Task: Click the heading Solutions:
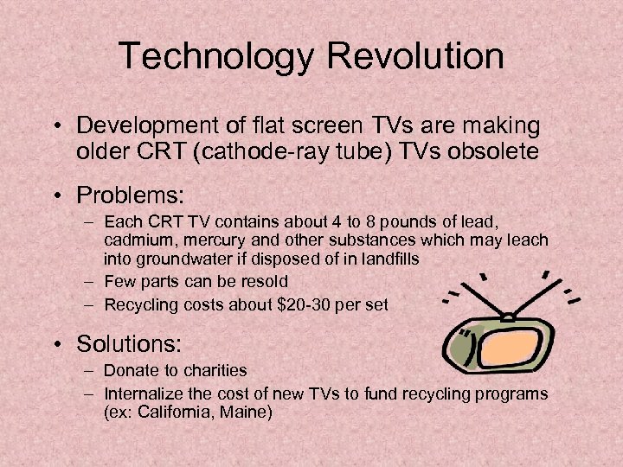129,343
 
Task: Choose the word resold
261,281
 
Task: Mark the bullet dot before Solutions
57,344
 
